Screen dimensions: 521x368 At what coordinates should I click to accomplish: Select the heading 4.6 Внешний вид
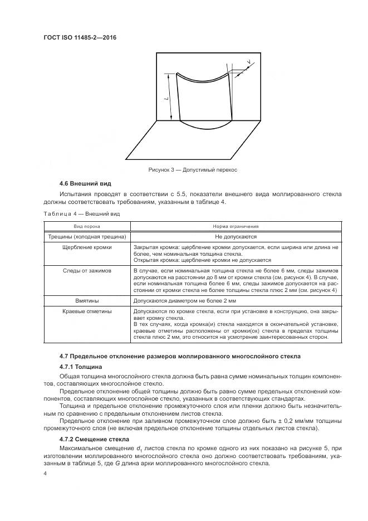86,183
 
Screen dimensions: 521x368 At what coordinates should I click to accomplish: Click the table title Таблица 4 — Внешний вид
81,213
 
